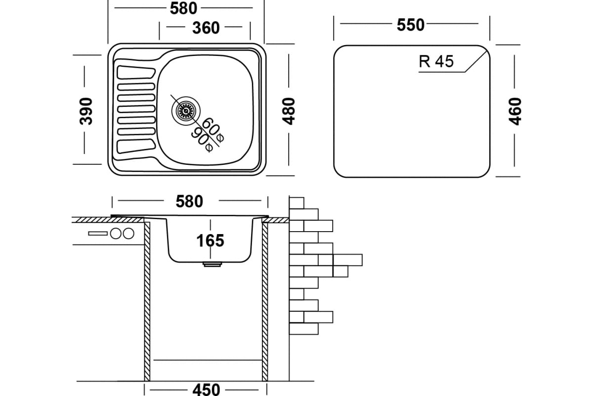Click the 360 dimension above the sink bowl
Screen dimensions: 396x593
pyautogui.click(x=205, y=28)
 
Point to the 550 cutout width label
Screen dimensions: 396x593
pyautogui.click(x=411, y=24)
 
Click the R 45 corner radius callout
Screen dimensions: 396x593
pyautogui.click(x=436, y=61)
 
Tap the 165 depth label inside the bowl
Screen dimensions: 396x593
pyautogui.click(x=210, y=241)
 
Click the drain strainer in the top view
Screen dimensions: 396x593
pyautogui.click(x=186, y=110)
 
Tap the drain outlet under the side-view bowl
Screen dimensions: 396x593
pyautogui.click(x=212, y=265)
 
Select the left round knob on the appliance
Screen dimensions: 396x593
pyautogui.click(x=117, y=233)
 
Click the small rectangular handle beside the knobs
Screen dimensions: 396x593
pyautogui.click(x=98, y=233)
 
